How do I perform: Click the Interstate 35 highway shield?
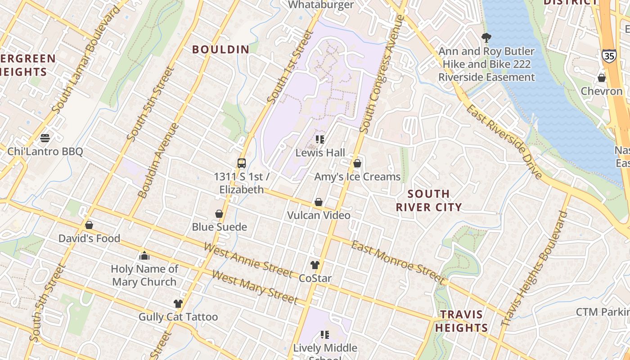click(608, 56)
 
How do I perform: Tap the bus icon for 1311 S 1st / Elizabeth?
click(242, 163)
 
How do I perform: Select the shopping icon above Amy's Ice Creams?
click(357, 163)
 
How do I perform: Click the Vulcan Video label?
click(319, 216)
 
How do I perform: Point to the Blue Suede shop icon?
click(219, 214)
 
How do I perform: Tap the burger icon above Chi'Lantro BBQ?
click(45, 138)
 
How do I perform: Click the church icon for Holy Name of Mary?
click(144, 256)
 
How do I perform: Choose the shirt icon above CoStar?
click(315, 265)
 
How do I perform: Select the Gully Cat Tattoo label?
click(178, 317)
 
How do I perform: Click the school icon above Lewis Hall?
click(320, 139)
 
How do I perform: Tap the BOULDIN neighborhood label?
click(221, 49)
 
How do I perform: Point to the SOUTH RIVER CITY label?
click(428, 201)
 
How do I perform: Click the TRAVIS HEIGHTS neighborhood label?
click(461, 321)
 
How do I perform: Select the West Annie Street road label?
click(248, 260)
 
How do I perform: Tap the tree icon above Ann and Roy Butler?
click(486, 38)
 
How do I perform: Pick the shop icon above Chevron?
click(602, 78)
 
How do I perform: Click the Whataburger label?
click(320, 5)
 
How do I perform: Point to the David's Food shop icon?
click(89, 225)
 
